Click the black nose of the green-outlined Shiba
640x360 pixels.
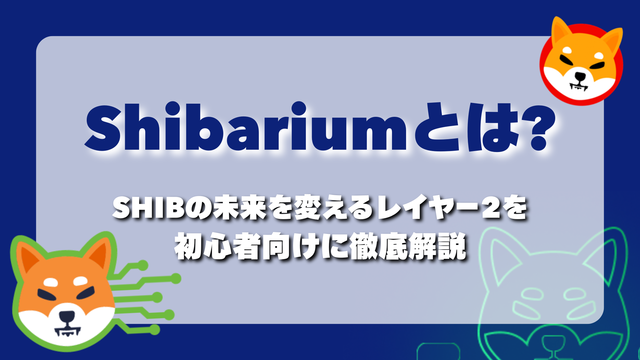click(67, 317)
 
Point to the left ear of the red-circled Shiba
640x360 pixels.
click(562, 32)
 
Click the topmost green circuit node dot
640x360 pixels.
click(142, 265)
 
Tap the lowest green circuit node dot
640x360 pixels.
click(155, 329)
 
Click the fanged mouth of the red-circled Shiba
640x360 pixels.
click(579, 86)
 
